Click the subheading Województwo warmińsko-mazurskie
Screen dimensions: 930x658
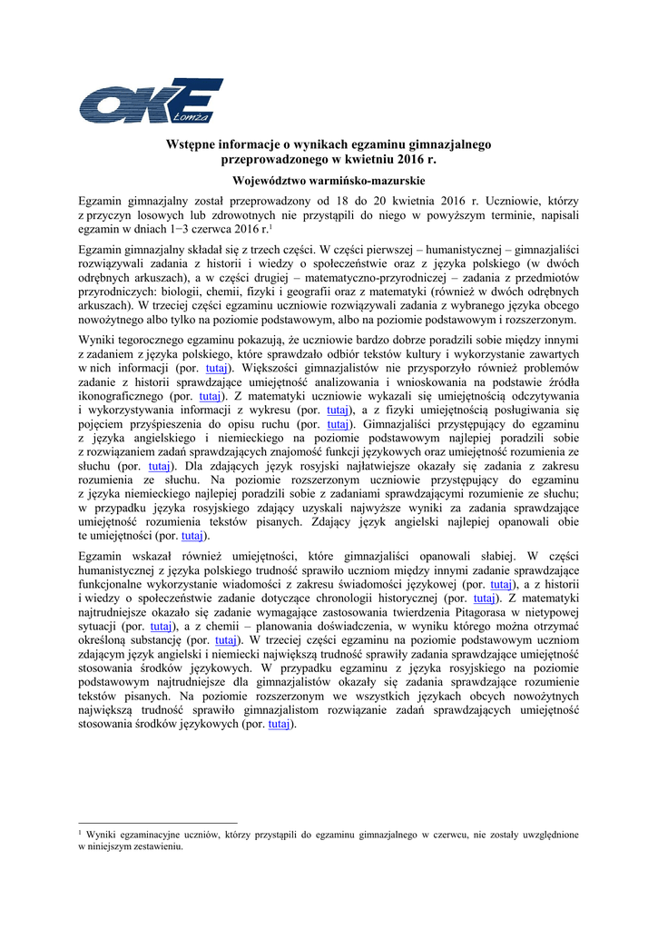point(329,180)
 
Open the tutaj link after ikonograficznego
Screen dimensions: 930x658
point(210,397)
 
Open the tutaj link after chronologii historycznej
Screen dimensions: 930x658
point(483,599)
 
